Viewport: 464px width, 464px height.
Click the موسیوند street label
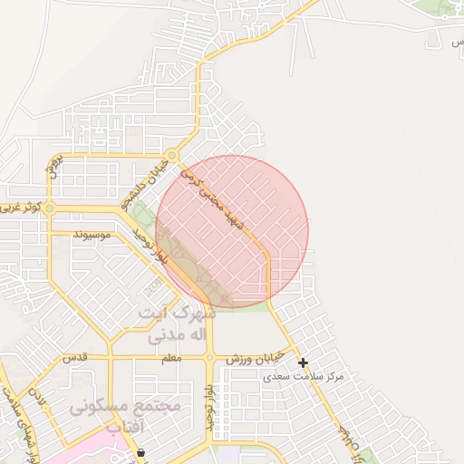point(92,235)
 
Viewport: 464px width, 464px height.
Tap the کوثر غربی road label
point(21,208)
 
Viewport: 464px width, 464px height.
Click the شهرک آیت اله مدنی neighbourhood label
point(177,324)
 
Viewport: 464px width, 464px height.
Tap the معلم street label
point(169,358)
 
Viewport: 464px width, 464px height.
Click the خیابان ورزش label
point(256,359)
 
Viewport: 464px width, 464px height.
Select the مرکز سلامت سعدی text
point(314,375)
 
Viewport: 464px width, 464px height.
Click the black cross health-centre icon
point(303,362)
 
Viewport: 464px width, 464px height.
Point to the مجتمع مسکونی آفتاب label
point(127,416)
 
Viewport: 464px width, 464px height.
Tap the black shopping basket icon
point(140,452)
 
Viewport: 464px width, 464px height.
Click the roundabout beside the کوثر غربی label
point(50,208)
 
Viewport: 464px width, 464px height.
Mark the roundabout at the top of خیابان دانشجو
point(171,155)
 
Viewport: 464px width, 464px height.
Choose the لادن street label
point(37,400)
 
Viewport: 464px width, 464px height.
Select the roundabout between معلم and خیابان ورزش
point(210,358)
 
